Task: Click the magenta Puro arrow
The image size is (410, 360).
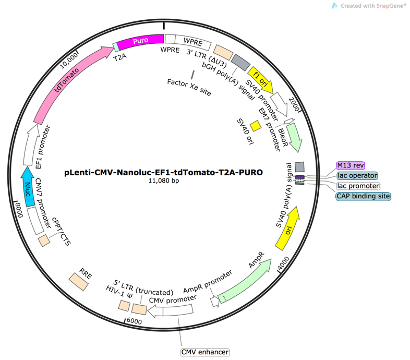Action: coord(139,42)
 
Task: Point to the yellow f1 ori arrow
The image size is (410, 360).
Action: coord(261,75)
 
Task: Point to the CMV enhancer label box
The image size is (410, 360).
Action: coord(205,351)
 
